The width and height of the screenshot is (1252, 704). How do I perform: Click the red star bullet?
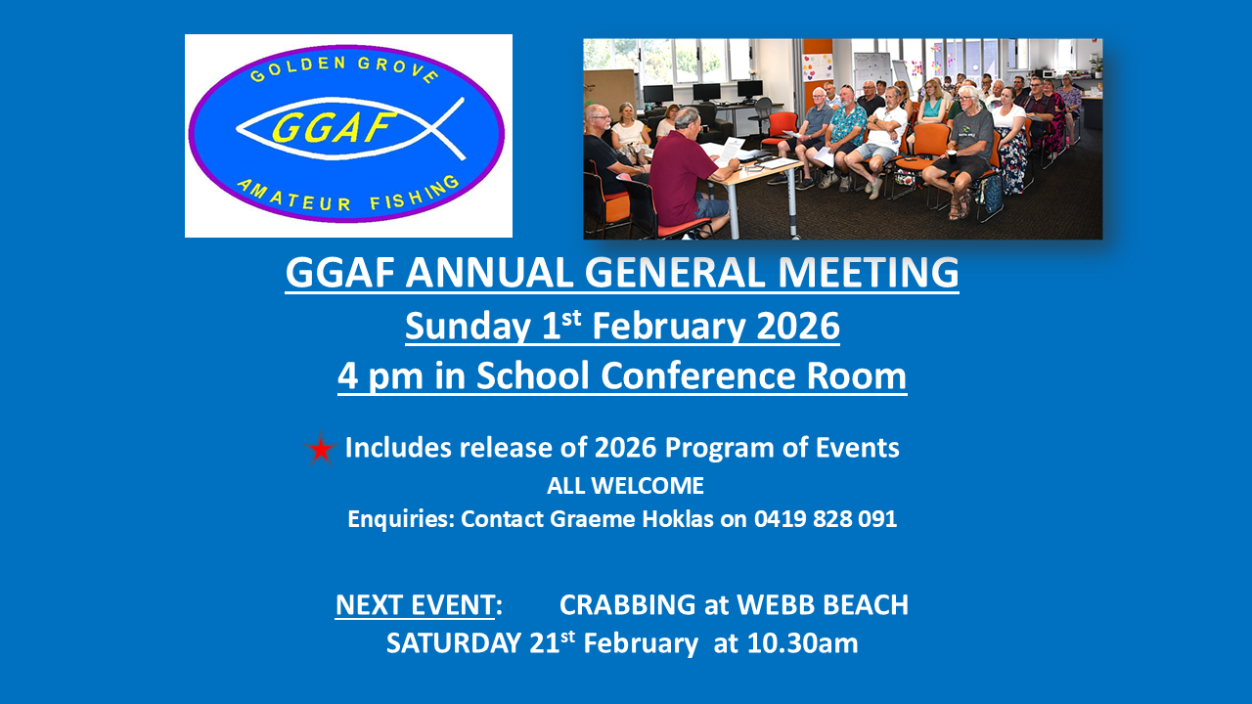coord(320,449)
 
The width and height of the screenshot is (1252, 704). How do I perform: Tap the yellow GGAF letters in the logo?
coord(335,127)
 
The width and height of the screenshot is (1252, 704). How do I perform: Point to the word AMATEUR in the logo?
coord(294,197)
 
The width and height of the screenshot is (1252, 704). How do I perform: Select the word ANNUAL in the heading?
coord(489,273)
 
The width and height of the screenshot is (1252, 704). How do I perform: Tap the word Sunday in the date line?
coord(468,327)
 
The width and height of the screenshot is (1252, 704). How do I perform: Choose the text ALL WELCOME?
coord(625,486)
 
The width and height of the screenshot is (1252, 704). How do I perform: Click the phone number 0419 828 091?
coord(826,519)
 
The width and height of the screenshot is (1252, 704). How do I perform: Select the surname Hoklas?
coord(678,519)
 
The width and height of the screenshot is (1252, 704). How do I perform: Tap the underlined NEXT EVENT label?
coord(415,605)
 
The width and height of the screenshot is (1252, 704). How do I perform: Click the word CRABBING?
coord(628,605)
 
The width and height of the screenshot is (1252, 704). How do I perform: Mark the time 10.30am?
coord(802,643)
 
